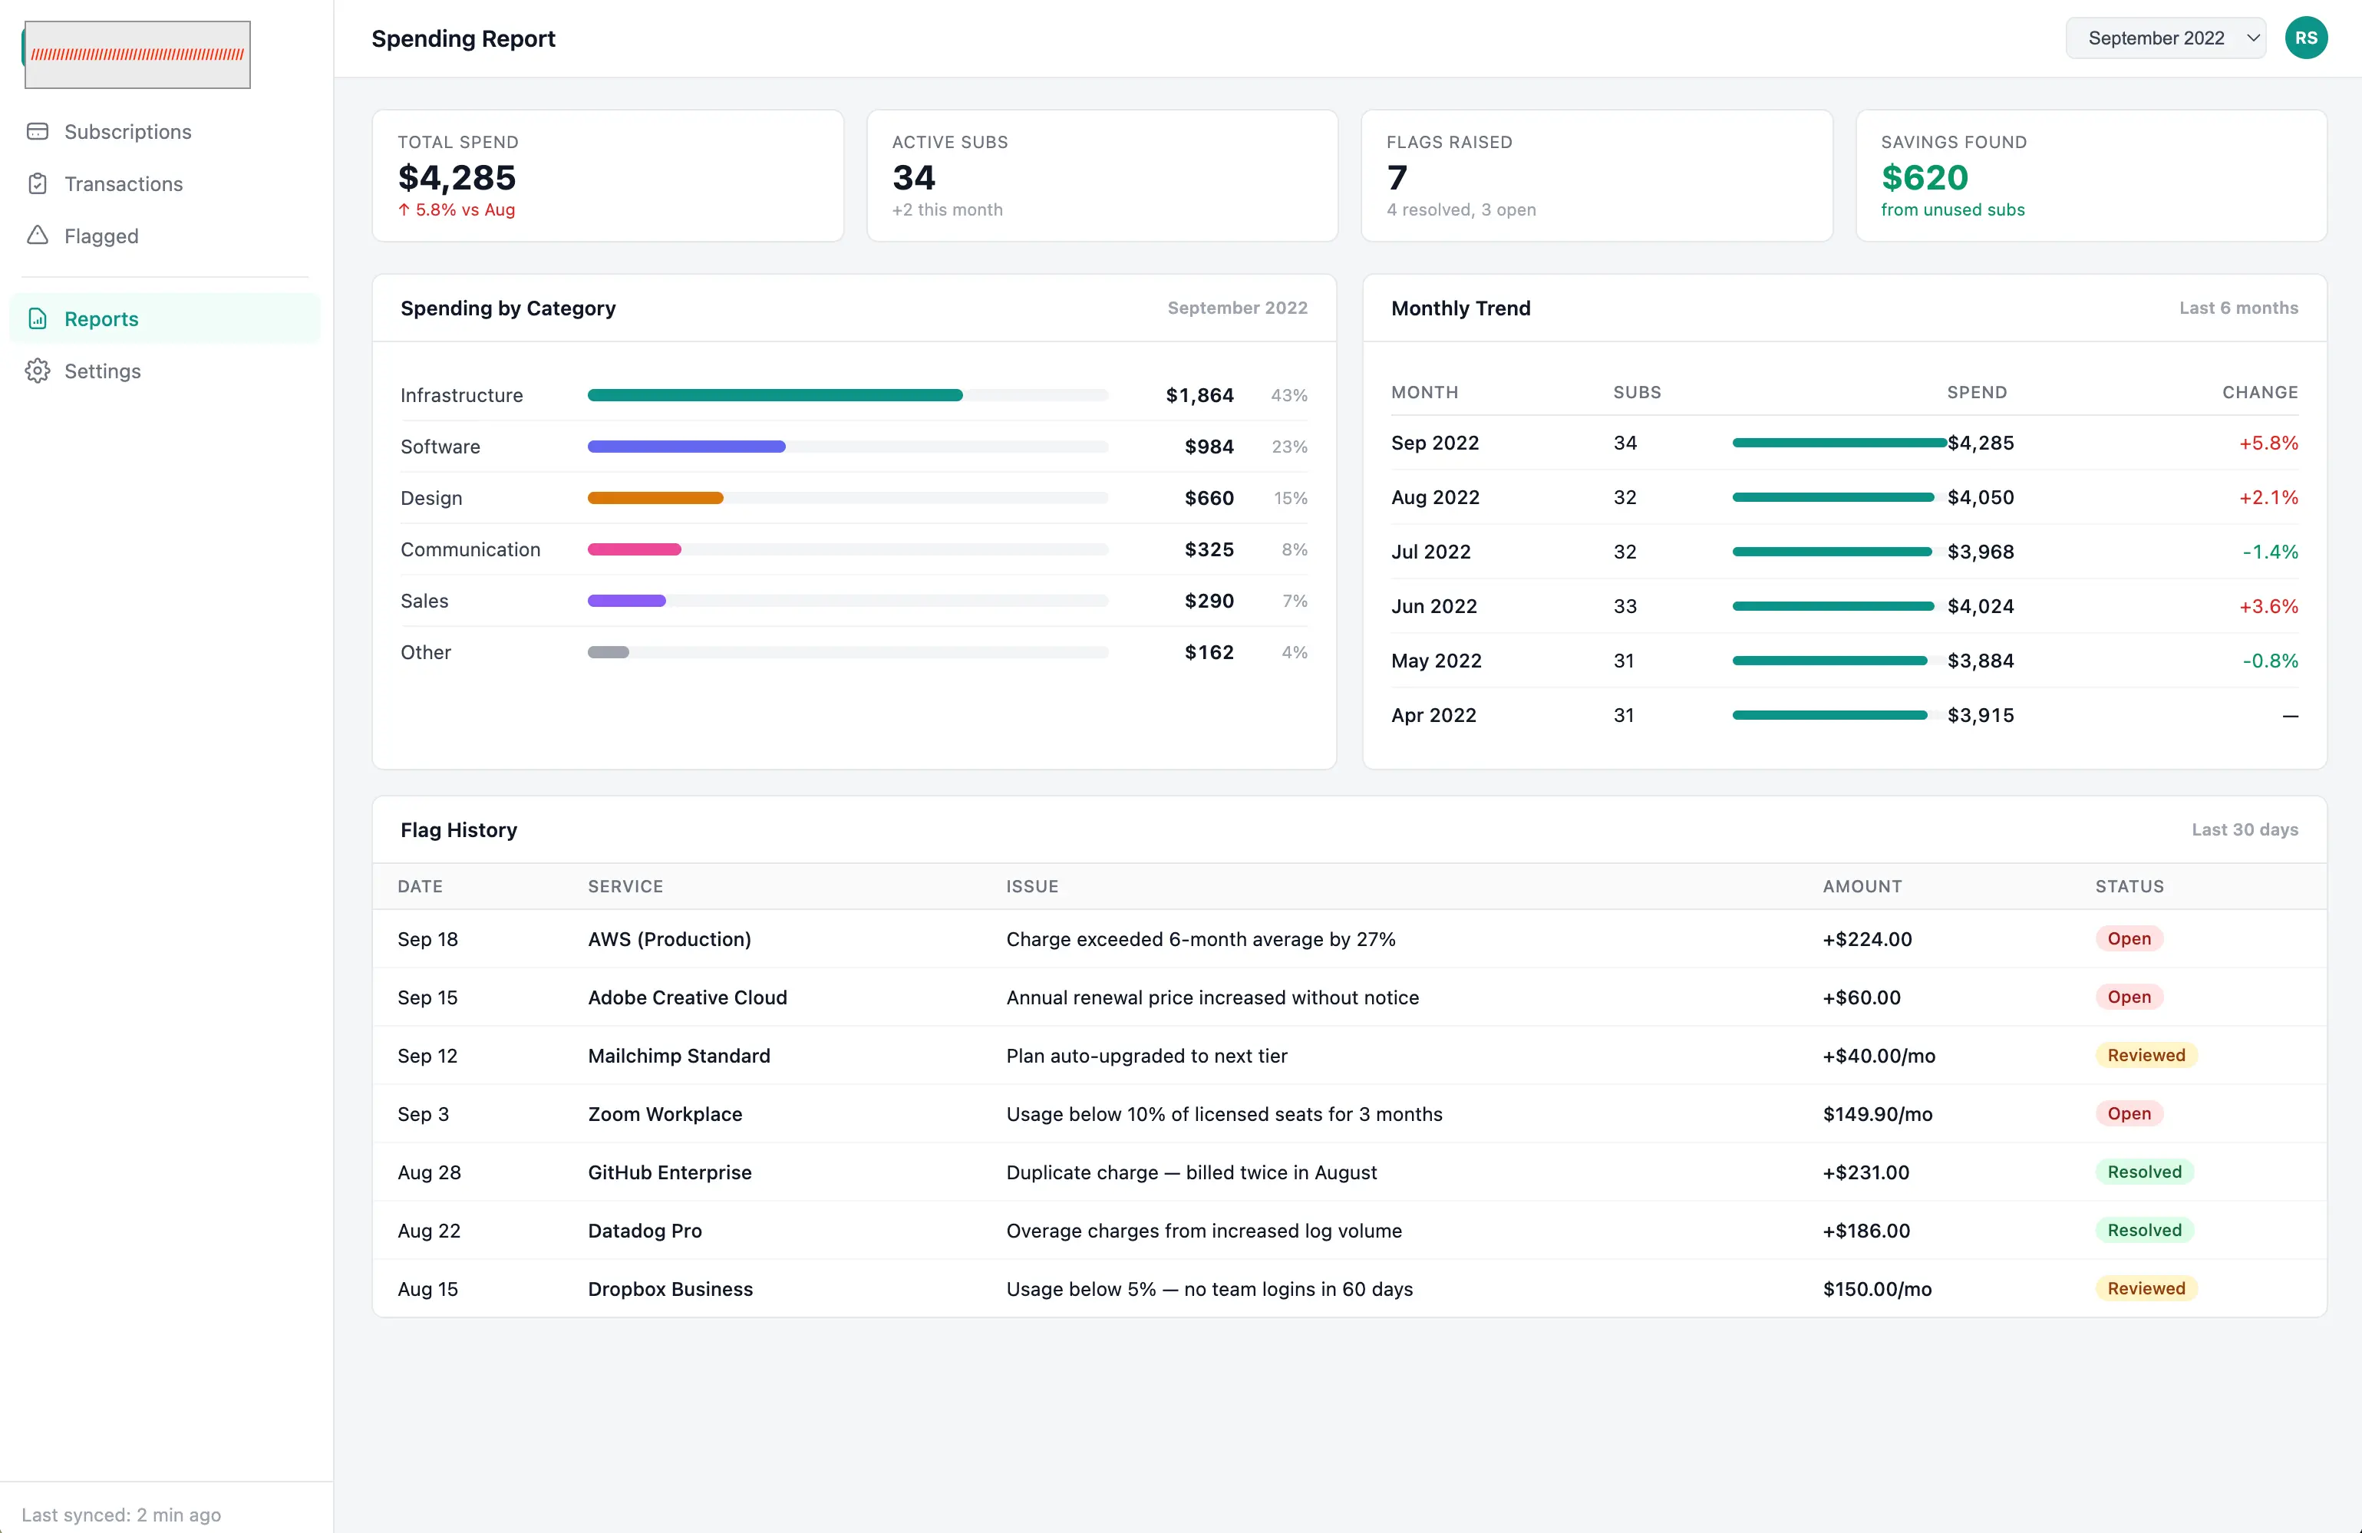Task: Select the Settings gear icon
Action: click(x=38, y=371)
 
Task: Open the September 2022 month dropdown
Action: click(x=2166, y=38)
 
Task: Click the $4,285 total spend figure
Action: click(x=457, y=177)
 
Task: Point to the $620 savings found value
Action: click(x=1925, y=177)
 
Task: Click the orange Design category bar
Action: click(x=655, y=498)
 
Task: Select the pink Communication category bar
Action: click(x=634, y=549)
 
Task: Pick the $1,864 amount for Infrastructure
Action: click(x=1200, y=395)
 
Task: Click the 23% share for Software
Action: click(x=1289, y=447)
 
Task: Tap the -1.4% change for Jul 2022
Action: click(x=2270, y=552)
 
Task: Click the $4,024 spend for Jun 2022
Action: click(x=1980, y=606)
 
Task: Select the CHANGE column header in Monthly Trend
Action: click(x=2260, y=393)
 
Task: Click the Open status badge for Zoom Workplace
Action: click(x=2129, y=1113)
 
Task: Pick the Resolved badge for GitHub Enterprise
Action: click(x=2143, y=1172)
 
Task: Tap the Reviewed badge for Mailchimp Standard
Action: click(x=2146, y=1055)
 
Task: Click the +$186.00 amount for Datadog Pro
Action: click(x=1866, y=1231)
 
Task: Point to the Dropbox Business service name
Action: click(x=670, y=1289)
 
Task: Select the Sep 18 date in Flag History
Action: click(x=427, y=938)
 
